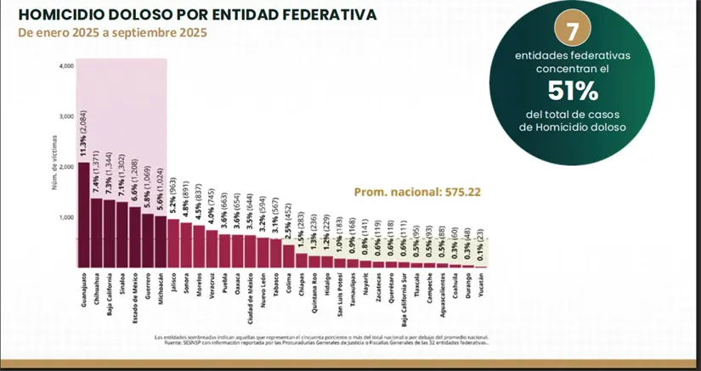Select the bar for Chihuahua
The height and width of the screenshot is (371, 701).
tap(97, 233)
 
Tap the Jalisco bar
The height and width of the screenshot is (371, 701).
tap(172, 243)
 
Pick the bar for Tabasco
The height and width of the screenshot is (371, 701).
tap(275, 253)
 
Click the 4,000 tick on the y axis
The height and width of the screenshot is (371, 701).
tap(66, 66)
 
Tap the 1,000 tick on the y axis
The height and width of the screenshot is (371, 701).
tap(66, 217)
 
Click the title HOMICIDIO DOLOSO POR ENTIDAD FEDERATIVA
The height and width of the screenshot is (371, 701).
tap(187, 15)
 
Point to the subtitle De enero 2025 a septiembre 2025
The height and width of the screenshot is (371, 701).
tap(111, 33)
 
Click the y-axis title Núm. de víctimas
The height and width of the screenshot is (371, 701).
tap(54, 166)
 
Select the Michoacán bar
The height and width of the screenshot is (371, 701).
tap(161, 241)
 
